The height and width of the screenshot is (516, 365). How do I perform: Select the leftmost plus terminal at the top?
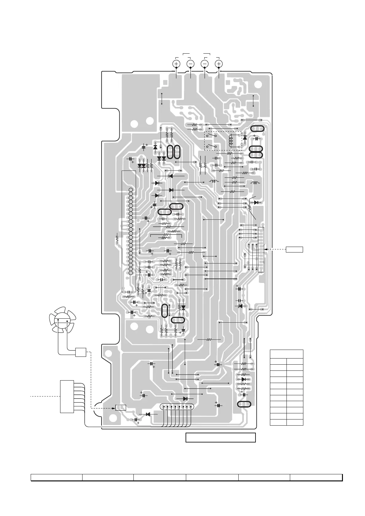click(x=176, y=63)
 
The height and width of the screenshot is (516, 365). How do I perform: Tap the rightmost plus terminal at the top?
click(x=219, y=63)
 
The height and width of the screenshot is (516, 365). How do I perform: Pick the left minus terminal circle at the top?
click(x=190, y=63)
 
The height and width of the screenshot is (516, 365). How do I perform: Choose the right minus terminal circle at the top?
click(x=205, y=63)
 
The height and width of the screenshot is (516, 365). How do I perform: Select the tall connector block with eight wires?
click(x=67, y=396)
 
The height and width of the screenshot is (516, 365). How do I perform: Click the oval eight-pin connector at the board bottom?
click(x=177, y=407)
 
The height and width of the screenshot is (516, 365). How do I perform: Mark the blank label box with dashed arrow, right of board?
click(x=294, y=249)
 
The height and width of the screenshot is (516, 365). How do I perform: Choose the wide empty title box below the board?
click(x=221, y=438)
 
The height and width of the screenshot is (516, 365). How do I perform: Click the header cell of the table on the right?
click(x=286, y=354)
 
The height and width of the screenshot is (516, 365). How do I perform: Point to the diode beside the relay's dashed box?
click(x=245, y=138)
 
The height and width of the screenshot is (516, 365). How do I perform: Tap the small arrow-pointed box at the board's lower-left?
click(x=121, y=408)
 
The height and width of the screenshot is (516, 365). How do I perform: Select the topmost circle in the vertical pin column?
click(x=131, y=190)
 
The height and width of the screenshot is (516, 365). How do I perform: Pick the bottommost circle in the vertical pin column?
click(x=131, y=272)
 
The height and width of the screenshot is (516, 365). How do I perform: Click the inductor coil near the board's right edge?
click(x=255, y=183)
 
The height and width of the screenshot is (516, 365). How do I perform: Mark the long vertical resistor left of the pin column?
click(x=117, y=238)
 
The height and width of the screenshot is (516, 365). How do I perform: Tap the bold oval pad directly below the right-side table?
click(x=244, y=404)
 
